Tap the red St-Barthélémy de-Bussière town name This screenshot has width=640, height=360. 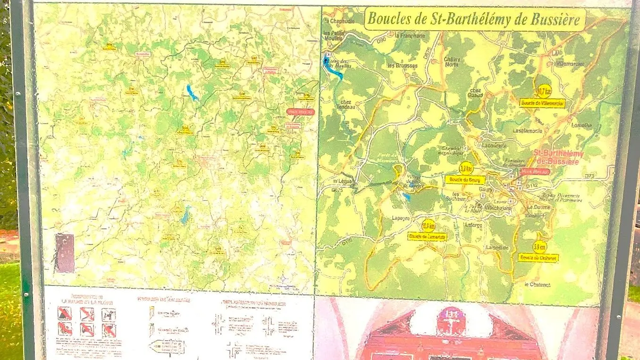point(558,158)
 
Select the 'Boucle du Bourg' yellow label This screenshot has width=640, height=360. point(465,180)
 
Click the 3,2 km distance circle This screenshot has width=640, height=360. point(466,168)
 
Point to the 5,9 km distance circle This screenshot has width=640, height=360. point(539,247)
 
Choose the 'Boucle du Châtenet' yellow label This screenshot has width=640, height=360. point(538,258)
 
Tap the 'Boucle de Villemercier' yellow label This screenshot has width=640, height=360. point(542,102)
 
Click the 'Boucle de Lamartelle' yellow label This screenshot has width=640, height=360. point(427,236)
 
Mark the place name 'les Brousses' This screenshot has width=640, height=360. point(402,66)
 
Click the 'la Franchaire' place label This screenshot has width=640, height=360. point(410,35)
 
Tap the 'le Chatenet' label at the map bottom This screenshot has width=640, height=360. point(537,285)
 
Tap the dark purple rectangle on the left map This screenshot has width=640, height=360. point(65,253)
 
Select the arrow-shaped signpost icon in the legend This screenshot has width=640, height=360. point(167,347)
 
